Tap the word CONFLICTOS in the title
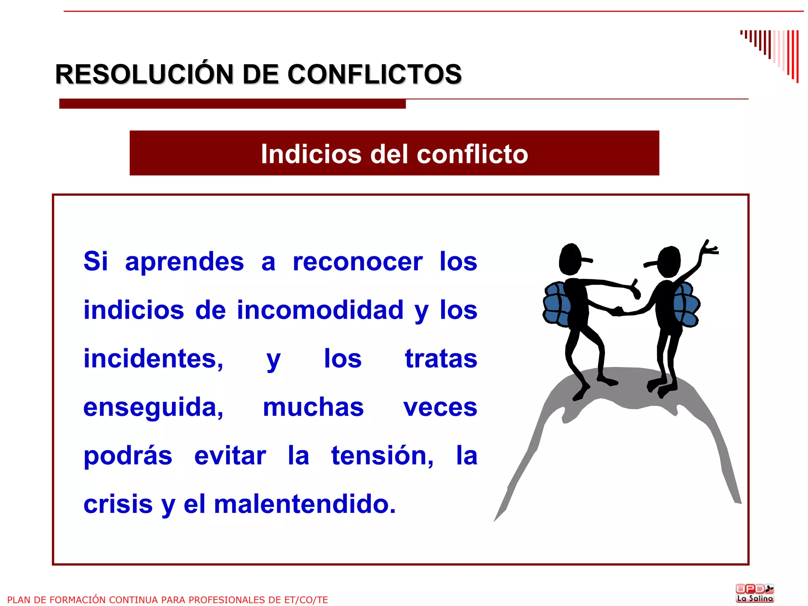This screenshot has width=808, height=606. (x=374, y=74)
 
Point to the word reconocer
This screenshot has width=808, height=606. (x=357, y=261)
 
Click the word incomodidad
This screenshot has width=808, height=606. (x=320, y=310)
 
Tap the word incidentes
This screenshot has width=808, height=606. (x=153, y=359)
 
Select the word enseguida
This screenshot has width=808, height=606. (x=153, y=408)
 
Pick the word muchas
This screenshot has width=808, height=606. (x=313, y=407)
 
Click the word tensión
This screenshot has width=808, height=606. (x=382, y=456)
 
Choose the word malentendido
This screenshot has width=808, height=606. (x=305, y=504)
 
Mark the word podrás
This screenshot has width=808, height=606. (x=128, y=457)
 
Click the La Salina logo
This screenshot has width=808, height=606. (x=755, y=593)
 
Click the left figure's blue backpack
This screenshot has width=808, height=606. (x=556, y=304)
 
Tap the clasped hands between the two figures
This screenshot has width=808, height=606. (x=617, y=311)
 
